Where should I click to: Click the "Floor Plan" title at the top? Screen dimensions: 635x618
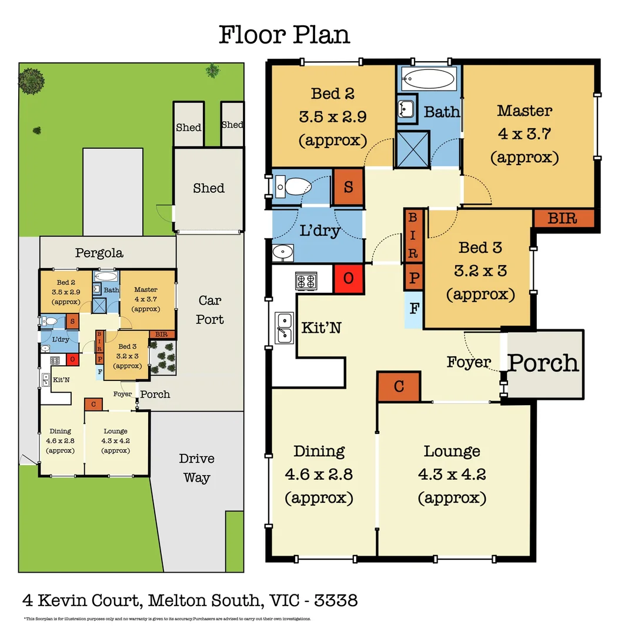pos(284,35)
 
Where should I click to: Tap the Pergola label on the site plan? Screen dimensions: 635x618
pos(99,253)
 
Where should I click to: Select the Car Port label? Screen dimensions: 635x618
pos(210,310)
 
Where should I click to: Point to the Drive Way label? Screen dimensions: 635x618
pos(196,467)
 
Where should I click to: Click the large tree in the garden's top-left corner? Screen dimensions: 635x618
pos(31,81)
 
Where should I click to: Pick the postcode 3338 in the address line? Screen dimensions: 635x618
pos(336,600)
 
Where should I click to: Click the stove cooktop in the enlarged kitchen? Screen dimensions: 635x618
pos(305,280)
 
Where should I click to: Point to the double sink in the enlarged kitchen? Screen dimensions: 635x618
pos(285,327)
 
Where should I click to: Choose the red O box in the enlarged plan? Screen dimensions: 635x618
pos(348,278)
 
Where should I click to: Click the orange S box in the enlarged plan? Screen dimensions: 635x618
pos(348,188)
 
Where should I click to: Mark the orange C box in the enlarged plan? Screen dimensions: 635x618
pos(399,386)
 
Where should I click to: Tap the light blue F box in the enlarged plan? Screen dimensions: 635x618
pos(413,308)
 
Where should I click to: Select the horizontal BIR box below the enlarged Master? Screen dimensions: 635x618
pos(563,219)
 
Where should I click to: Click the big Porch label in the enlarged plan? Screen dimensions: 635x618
pos(543,363)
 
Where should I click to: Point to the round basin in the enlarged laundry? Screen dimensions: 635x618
pos(283,252)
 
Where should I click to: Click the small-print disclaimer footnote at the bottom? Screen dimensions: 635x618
pos(167,619)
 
